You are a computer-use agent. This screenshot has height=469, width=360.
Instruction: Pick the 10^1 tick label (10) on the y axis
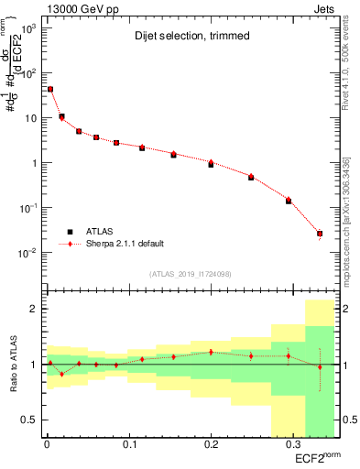29,118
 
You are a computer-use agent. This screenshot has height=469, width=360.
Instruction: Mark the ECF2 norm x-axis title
317,455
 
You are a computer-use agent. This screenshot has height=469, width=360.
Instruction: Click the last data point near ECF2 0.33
320,234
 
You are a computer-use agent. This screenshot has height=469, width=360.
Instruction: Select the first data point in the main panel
50,89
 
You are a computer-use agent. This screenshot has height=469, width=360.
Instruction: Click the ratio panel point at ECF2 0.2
212,352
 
